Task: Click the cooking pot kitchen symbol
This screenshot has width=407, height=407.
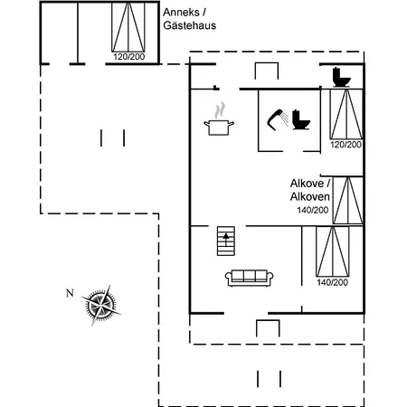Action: coord(219,128)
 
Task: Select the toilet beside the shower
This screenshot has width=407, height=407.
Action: coord(300,119)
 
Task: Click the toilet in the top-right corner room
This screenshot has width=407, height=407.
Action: coord(342,78)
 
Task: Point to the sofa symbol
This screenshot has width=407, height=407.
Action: coord(249,278)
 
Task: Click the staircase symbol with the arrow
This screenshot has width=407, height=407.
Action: coord(226,241)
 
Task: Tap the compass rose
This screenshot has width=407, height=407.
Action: coord(100,306)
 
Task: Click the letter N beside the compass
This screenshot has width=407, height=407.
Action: coord(70,293)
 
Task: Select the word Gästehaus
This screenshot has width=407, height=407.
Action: coord(190,25)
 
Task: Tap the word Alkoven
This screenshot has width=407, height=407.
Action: coord(310,196)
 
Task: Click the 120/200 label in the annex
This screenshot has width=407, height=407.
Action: coord(129,57)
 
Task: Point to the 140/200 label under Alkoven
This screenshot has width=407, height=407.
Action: coord(313,210)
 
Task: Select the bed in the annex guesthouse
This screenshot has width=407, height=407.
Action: coord(128,27)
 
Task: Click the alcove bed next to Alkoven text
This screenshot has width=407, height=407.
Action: coord(347,200)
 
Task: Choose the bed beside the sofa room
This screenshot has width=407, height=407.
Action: coord(333,251)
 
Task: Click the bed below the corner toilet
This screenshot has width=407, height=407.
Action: coord(346,114)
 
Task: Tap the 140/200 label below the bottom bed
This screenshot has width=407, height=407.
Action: coord(333,282)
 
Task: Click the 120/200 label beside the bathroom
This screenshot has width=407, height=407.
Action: coord(345,145)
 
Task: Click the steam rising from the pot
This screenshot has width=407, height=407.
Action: coord(220,110)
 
